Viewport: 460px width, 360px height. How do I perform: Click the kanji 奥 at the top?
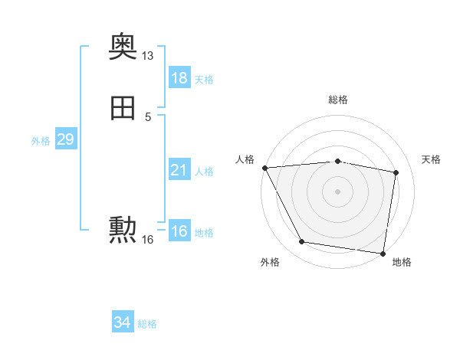click(123, 47)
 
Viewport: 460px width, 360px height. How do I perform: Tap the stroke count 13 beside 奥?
click(148, 56)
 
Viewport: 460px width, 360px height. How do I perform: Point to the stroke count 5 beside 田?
click(148, 116)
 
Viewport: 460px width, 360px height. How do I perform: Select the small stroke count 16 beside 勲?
click(148, 240)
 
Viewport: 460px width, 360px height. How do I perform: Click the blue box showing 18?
click(179, 78)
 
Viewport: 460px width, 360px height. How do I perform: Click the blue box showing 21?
click(179, 170)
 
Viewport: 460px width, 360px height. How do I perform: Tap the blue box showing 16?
click(179, 231)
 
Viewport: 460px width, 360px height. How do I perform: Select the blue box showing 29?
click(65, 139)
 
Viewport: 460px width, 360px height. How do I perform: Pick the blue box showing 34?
click(122, 323)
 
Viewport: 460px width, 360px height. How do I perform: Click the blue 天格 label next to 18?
click(204, 80)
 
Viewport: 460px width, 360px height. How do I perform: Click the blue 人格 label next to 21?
click(204, 172)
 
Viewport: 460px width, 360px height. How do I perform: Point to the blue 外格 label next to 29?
click(40, 141)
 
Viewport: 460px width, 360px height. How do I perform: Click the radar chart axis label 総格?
click(337, 100)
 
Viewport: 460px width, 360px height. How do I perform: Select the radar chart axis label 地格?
click(402, 262)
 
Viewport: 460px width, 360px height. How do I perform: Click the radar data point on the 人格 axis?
click(264, 168)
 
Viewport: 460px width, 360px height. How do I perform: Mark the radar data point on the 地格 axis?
click(383, 253)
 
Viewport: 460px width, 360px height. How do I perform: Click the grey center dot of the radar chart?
click(337, 191)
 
